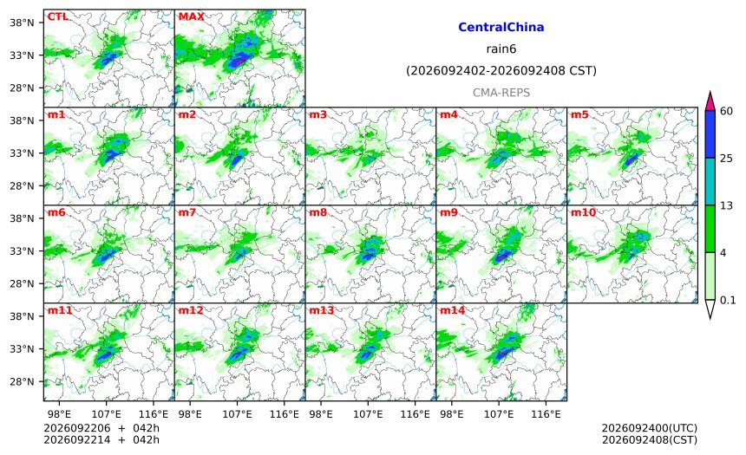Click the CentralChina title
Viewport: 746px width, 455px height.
pyautogui.click(x=501, y=27)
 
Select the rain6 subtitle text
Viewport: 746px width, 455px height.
pyautogui.click(x=501, y=49)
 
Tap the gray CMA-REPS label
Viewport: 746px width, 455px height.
pyautogui.click(x=501, y=93)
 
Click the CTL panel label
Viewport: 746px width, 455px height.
pyautogui.click(x=57, y=16)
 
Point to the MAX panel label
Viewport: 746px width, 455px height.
pyautogui.click(x=191, y=16)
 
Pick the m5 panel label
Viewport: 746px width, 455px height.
pyautogui.click(x=579, y=114)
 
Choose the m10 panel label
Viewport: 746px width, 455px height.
pyautogui.click(x=583, y=212)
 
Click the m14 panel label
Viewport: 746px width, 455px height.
pyautogui.click(x=452, y=310)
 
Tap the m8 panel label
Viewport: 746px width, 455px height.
pyautogui.click(x=317, y=212)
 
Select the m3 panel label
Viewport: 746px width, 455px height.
pyautogui.click(x=317, y=114)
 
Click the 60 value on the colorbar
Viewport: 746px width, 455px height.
pyautogui.click(x=727, y=111)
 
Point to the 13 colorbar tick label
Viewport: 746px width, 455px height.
pyautogui.click(x=727, y=205)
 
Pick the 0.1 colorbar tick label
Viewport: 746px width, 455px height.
pyautogui.click(x=728, y=300)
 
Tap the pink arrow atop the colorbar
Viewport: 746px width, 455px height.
pyautogui.click(x=710, y=102)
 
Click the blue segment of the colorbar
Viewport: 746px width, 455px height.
pyautogui.click(x=710, y=134)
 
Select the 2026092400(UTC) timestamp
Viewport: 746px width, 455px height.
pyautogui.click(x=650, y=428)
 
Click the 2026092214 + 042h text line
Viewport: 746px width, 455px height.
pyautogui.click(x=101, y=439)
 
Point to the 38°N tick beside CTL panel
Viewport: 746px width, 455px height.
pyautogui.click(x=22, y=23)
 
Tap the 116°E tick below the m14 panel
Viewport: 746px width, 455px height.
pyautogui.click(x=546, y=414)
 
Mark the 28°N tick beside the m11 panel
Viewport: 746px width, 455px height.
pyautogui.click(x=22, y=382)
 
